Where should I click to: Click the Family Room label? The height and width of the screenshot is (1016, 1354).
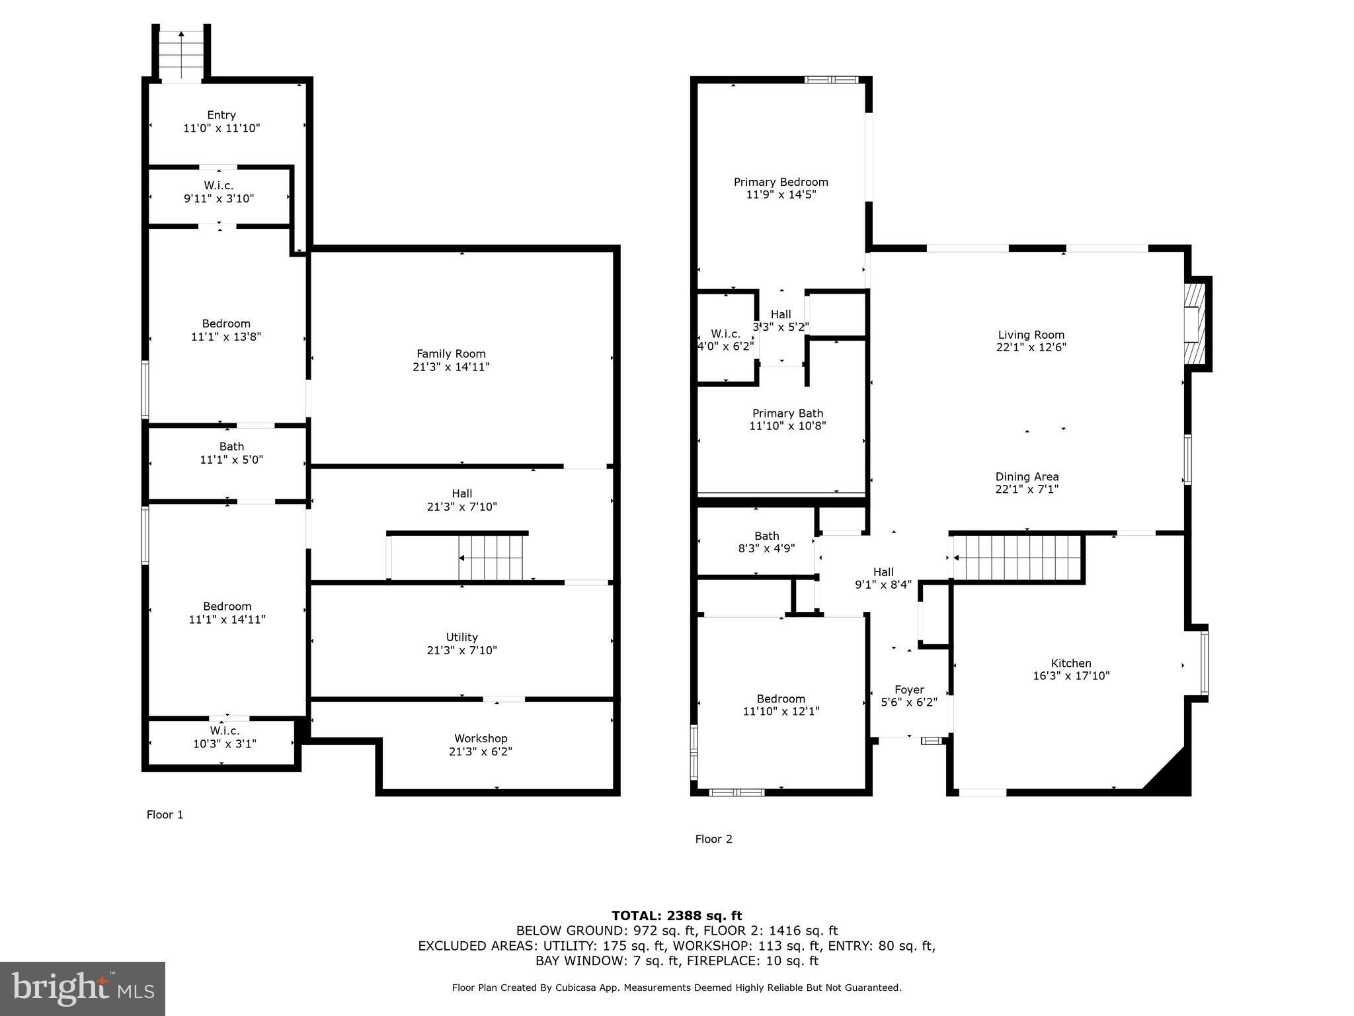click(451, 354)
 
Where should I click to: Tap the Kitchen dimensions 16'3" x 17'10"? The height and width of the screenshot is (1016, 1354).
click(1071, 676)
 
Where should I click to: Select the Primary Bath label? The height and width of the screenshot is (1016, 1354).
click(787, 413)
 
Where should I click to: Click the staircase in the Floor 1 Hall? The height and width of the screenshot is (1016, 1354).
click(491, 558)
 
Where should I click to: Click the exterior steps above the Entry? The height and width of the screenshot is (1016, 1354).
click(181, 55)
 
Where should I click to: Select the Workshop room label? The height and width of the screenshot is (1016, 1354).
click(481, 739)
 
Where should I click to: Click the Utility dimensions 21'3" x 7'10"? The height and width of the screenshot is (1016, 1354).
click(461, 650)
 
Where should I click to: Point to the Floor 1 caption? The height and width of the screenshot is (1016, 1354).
click(165, 815)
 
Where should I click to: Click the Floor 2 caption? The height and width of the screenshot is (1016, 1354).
click(713, 839)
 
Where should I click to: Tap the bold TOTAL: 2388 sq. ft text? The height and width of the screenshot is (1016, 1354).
click(676, 915)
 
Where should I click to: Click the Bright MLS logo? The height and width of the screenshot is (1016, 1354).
click(83, 988)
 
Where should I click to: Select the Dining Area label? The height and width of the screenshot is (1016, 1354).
click(1027, 477)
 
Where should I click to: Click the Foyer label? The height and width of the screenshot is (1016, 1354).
click(909, 690)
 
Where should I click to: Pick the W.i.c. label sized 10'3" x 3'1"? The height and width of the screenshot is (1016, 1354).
click(224, 731)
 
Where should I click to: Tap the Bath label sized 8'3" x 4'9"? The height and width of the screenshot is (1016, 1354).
click(766, 536)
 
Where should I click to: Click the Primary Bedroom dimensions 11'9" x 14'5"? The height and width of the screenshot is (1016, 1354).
click(781, 194)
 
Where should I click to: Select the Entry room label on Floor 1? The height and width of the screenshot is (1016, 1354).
click(221, 115)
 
